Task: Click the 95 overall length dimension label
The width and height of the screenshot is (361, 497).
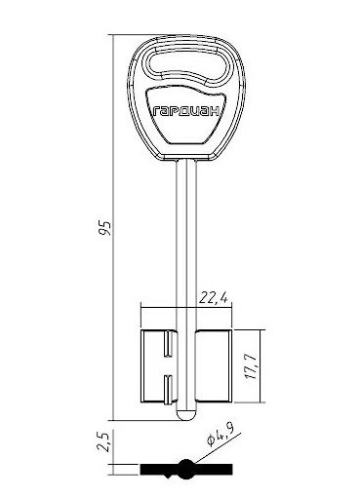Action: point(105,228)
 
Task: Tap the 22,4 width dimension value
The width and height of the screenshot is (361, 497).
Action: point(213,297)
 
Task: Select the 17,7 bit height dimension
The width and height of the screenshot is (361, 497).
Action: point(252,366)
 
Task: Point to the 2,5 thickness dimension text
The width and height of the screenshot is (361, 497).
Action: point(104,441)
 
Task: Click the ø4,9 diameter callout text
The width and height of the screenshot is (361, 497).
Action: point(221,436)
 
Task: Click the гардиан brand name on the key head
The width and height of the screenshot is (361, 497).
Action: point(186,111)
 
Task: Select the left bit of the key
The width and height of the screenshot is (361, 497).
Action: point(158,366)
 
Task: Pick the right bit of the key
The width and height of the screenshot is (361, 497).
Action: point(214,366)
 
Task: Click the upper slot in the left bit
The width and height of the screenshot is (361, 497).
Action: point(168,344)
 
